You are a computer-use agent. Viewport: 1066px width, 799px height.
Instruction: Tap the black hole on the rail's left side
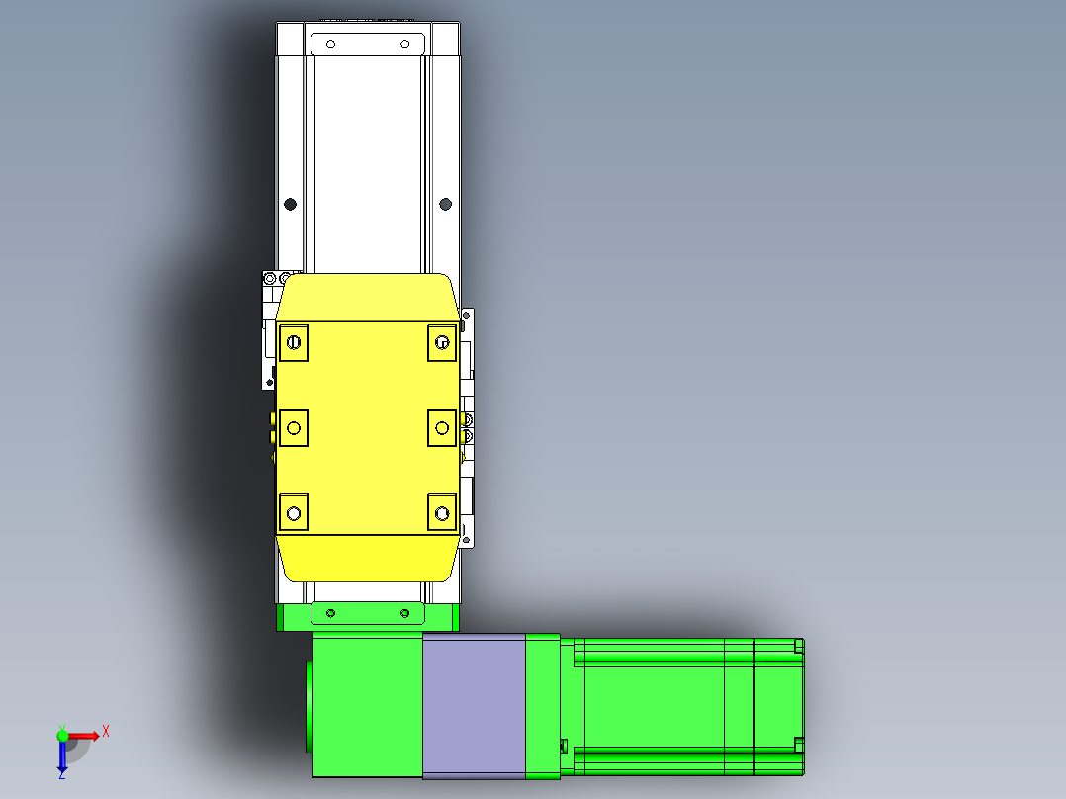(x=291, y=204)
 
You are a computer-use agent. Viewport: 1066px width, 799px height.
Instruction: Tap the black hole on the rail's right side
(x=446, y=204)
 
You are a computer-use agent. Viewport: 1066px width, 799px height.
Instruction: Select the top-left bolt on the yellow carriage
(x=294, y=343)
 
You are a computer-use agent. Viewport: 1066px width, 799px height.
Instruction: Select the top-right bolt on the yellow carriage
(x=442, y=343)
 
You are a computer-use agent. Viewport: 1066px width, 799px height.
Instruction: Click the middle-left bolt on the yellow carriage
(x=294, y=428)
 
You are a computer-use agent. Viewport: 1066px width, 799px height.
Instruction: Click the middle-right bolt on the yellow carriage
(x=442, y=428)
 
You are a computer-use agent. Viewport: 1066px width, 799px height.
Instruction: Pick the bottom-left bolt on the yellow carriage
(x=294, y=513)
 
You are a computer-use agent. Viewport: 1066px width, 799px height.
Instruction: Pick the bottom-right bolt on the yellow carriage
(x=442, y=513)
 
